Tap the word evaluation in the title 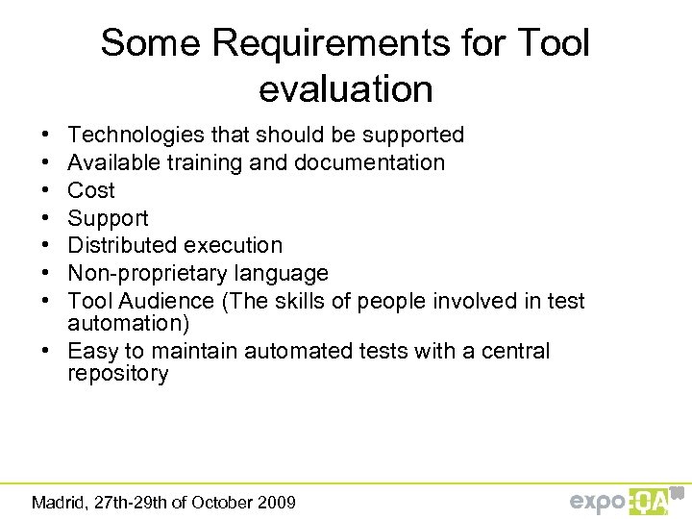[x=346, y=89]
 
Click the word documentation [x=374, y=162]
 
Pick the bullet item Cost [x=91, y=190]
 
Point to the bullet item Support [x=108, y=218]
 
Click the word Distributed [x=127, y=245]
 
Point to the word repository [x=117, y=374]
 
